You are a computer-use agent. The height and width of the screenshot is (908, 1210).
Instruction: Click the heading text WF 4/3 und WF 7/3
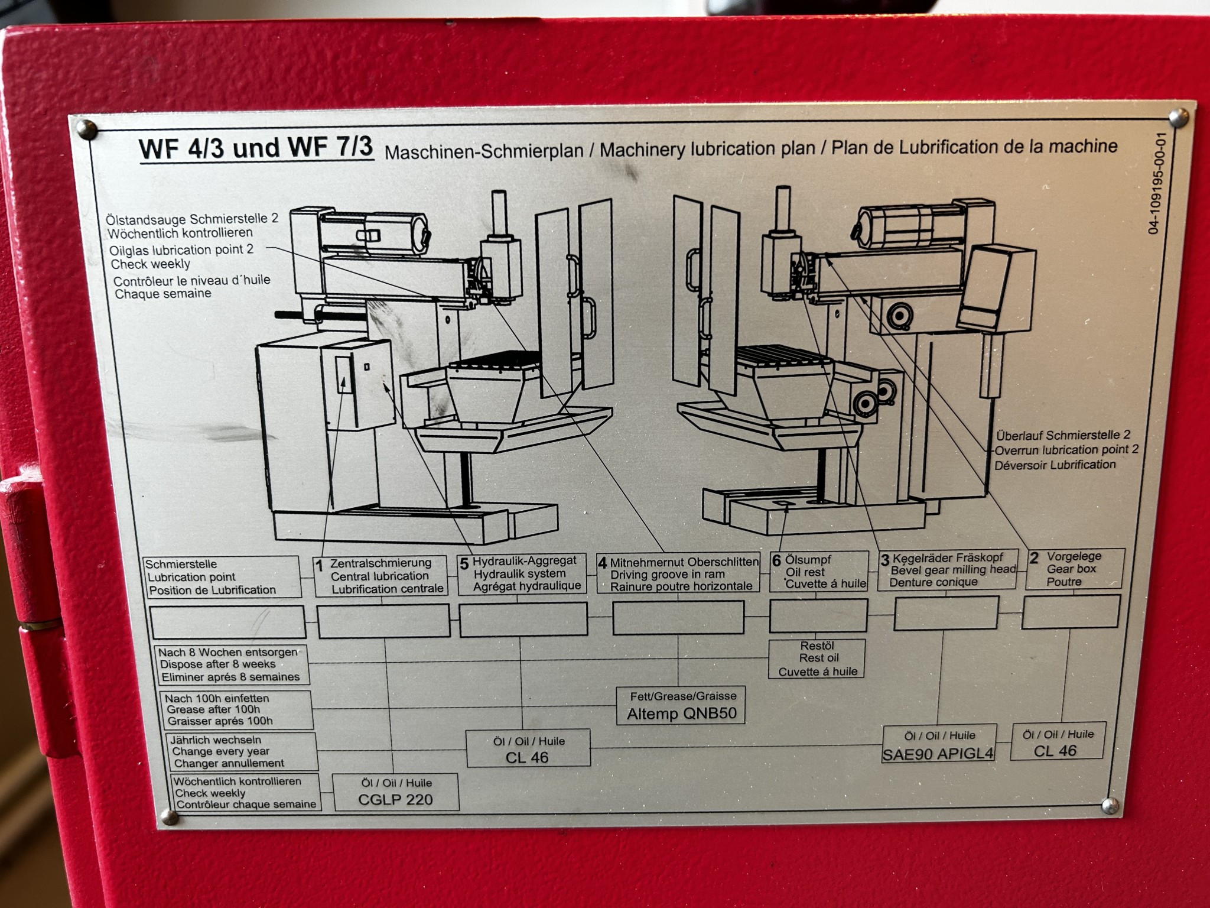(256, 148)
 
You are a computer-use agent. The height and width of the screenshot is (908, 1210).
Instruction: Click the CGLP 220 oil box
(395, 792)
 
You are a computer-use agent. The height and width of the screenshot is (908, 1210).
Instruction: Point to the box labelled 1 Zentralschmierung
(380, 576)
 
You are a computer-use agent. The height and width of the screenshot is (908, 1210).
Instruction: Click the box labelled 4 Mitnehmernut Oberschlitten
(678, 574)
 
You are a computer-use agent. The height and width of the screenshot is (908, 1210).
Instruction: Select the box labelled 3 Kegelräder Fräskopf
(947, 570)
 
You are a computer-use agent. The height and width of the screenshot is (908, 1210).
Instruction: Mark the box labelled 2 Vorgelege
(1074, 569)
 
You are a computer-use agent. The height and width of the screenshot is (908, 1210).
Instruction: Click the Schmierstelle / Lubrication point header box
(222, 578)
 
